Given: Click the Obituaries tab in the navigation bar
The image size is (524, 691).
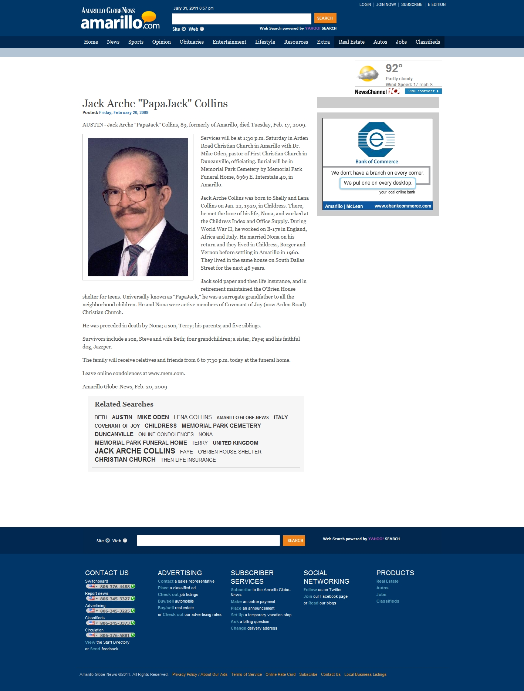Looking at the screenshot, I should (x=192, y=42).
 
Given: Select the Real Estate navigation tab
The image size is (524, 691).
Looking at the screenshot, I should (x=351, y=42).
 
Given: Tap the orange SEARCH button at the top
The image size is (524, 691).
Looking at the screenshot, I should (x=325, y=18).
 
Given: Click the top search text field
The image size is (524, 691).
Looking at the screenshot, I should (x=241, y=18).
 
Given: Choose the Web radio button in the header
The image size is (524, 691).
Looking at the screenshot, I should (x=202, y=29).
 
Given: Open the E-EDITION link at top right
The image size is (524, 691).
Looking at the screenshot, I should (x=436, y=5).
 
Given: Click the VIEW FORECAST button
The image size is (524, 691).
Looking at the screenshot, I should (x=423, y=91).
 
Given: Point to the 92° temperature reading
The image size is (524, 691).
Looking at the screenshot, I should (x=394, y=68).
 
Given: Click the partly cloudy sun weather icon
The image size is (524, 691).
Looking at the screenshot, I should (x=368, y=73).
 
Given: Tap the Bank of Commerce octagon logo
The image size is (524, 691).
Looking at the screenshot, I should (x=376, y=140).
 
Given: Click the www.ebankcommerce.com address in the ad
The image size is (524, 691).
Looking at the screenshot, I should (x=402, y=206).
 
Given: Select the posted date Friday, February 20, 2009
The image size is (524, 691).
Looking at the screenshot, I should (x=124, y=113).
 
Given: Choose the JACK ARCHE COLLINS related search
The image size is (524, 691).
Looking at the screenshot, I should (x=135, y=451).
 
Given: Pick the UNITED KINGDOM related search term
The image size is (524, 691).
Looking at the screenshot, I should (x=235, y=443).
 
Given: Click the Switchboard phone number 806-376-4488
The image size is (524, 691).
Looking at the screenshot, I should (x=115, y=587).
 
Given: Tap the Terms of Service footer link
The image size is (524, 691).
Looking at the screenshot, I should (x=246, y=674).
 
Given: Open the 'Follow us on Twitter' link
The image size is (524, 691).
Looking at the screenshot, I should (x=322, y=590).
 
